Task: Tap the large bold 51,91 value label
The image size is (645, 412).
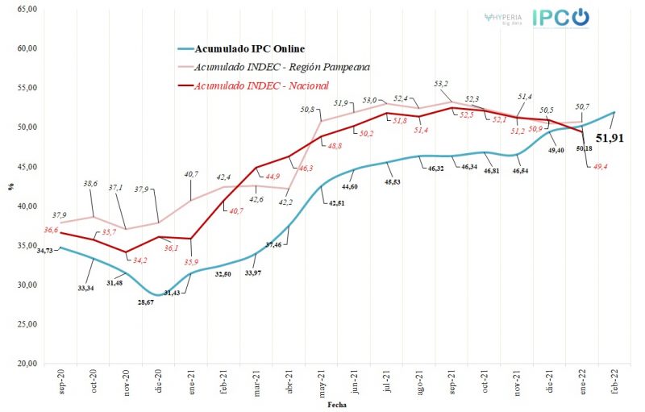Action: coord(610,138)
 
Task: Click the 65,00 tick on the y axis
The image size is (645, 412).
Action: coord(27,8)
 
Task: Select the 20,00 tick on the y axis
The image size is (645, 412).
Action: coord(27,364)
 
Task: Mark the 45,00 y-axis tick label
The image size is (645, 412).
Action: coord(27,166)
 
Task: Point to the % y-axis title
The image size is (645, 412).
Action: coord(10,187)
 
